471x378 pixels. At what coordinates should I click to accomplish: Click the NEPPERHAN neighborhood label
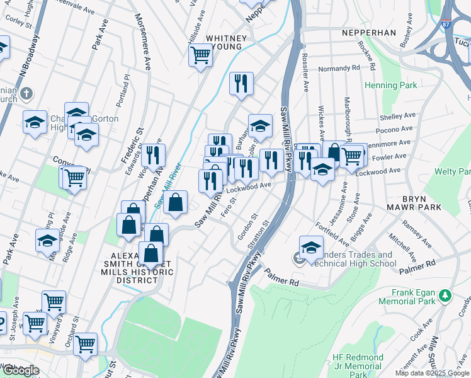369,32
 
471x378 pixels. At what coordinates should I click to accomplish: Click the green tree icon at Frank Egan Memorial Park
445,294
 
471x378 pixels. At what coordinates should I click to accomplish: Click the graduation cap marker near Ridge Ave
47,241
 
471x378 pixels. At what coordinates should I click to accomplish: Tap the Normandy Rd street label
338,67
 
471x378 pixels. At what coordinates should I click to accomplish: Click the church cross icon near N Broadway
26,94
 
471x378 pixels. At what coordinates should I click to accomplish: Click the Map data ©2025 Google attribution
432,373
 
